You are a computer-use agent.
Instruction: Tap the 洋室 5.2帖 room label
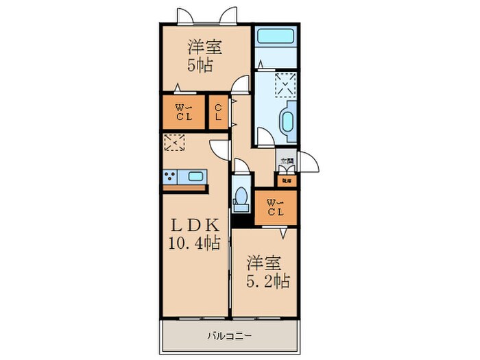pos(267,271)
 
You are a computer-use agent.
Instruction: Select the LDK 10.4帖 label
pos(195,234)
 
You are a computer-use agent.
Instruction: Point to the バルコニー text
pos(230,337)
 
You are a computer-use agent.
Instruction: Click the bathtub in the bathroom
pos(274,38)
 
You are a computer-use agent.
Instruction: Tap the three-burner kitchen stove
pos(170,178)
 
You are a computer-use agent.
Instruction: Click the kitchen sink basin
pos(195,176)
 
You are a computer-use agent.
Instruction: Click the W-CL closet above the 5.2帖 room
pos(276,207)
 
